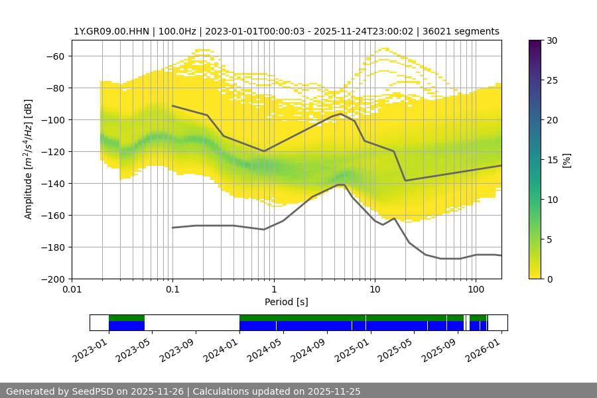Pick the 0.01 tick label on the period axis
[x=72, y=290]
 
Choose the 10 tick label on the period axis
[x=375, y=290]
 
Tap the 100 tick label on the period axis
[x=476, y=290]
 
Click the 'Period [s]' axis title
[x=287, y=302]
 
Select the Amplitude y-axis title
[x=28, y=159]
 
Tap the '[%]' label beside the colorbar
[x=566, y=160]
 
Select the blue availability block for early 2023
[x=127, y=326]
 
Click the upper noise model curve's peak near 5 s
[x=341, y=113]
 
